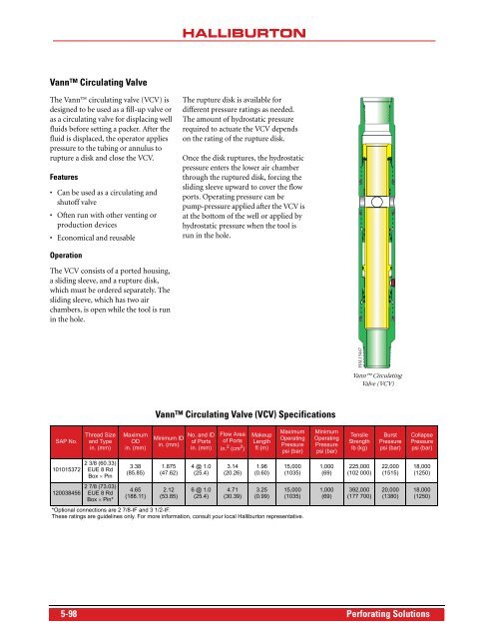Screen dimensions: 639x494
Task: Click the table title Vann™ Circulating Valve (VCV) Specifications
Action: click(248, 412)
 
